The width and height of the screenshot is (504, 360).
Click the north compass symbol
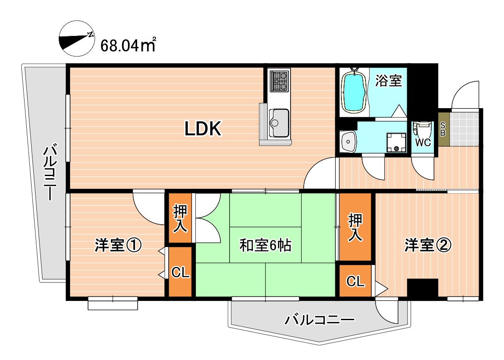[x=77, y=39]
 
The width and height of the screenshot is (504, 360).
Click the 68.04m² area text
[x=128, y=45]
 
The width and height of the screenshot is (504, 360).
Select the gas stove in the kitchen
[x=279, y=81]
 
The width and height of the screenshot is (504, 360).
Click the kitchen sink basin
[x=279, y=118]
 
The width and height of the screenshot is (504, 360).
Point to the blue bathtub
[x=354, y=92]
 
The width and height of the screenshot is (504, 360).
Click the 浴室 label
[x=388, y=81]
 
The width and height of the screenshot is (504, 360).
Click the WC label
[x=423, y=143]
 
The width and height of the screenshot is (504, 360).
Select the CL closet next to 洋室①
[x=180, y=273]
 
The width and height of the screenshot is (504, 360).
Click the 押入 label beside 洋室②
[x=355, y=227]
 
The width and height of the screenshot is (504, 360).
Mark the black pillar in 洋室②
[x=422, y=288]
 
